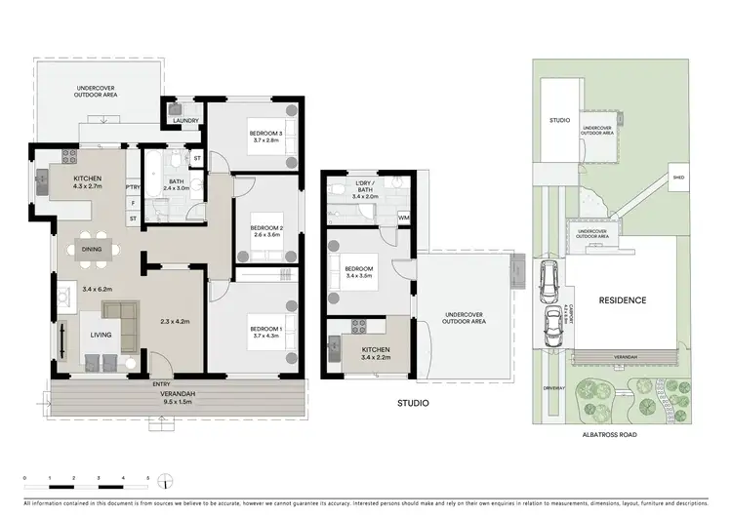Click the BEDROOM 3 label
[264, 133]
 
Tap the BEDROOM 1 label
[264, 329]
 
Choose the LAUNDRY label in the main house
[185, 121]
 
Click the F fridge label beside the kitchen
[132, 203]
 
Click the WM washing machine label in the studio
[403, 217]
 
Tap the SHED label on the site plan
[676, 178]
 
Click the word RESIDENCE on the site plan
[622, 300]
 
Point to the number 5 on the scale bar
[148, 477]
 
